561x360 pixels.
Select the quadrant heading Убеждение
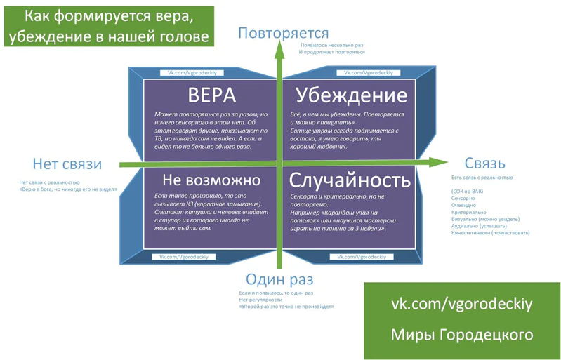(x=351, y=96)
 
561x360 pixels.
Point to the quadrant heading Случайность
(x=350, y=179)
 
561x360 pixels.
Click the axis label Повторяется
(x=283, y=33)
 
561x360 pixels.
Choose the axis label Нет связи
(x=67, y=164)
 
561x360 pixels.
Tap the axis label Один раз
(x=276, y=279)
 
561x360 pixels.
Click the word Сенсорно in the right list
(x=463, y=198)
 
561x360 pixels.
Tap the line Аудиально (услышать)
(x=479, y=227)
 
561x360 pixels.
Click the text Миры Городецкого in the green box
(x=461, y=335)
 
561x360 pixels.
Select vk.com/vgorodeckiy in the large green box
(x=461, y=303)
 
